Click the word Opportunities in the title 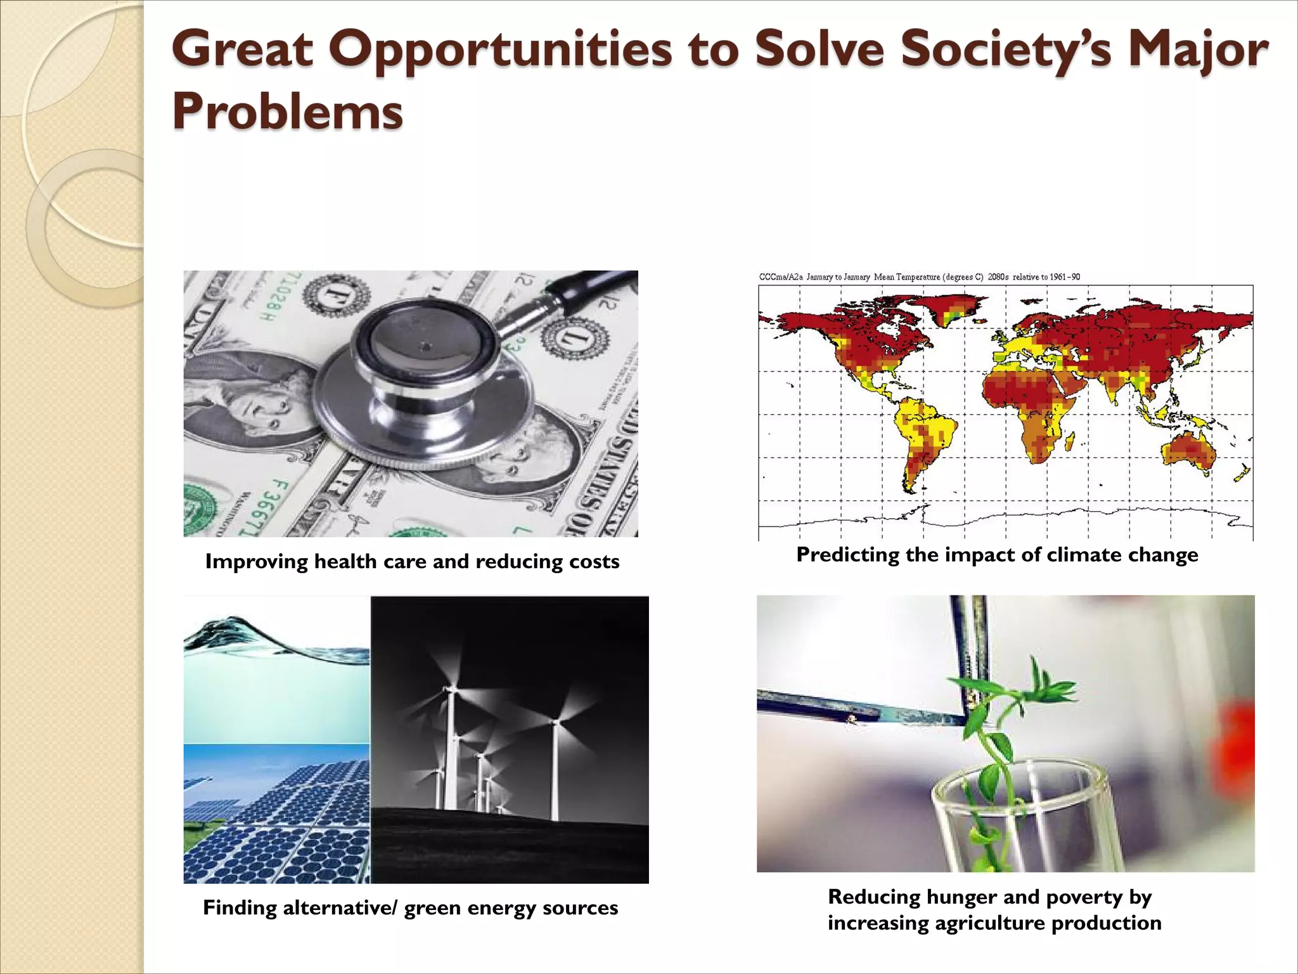(x=501, y=51)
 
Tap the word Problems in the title (x=287, y=112)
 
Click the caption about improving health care (x=412, y=561)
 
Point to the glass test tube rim (x=1020, y=786)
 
